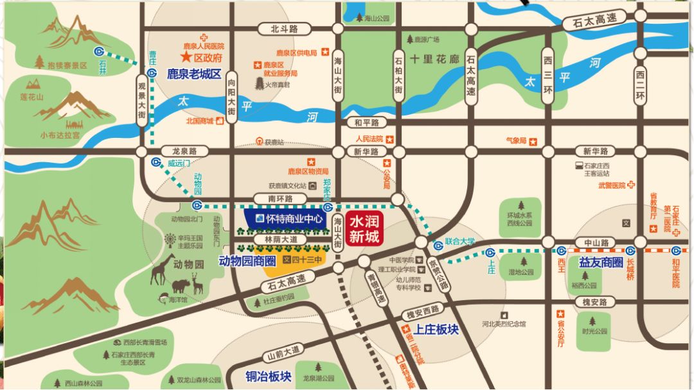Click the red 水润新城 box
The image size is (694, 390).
364,228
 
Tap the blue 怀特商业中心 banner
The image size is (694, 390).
289,219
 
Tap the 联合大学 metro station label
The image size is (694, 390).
459,242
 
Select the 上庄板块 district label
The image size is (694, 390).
437,329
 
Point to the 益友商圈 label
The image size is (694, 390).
601,262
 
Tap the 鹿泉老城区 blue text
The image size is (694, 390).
193,74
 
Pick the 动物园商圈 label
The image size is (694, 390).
247,261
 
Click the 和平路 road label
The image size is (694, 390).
367,122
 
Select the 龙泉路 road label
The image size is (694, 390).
184,151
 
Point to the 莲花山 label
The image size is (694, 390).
31,97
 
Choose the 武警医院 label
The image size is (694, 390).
612,185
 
